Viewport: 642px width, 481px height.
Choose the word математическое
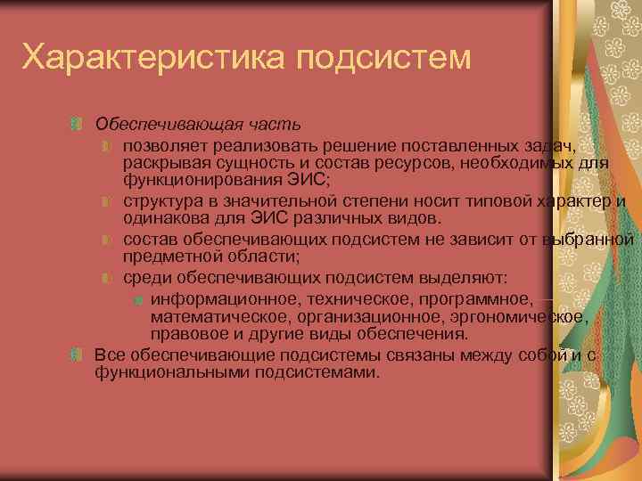click(214, 316)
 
